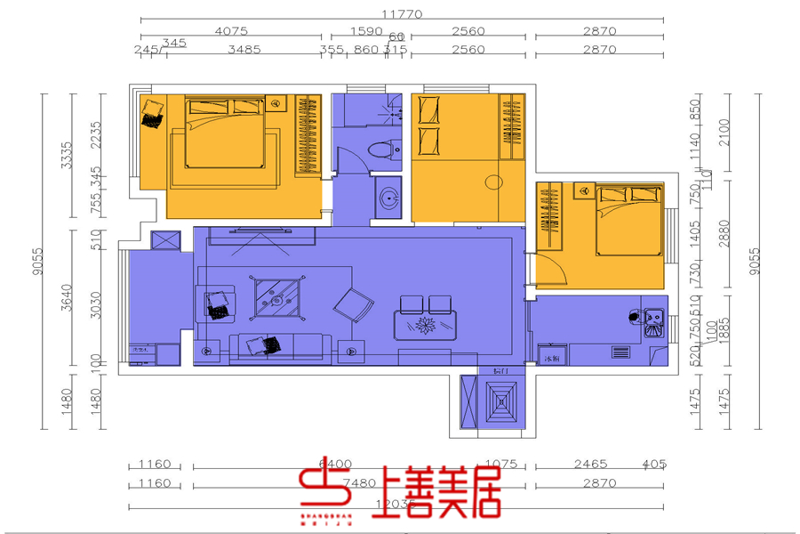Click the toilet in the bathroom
tap(382, 149)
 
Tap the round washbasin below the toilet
tap(388, 198)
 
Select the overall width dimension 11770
tap(402, 14)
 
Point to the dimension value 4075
tap(231, 31)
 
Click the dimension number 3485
tap(244, 50)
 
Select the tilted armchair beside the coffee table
tap(355, 304)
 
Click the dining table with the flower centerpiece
tap(426, 326)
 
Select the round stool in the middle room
tap(494, 184)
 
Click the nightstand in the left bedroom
tap(276, 103)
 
